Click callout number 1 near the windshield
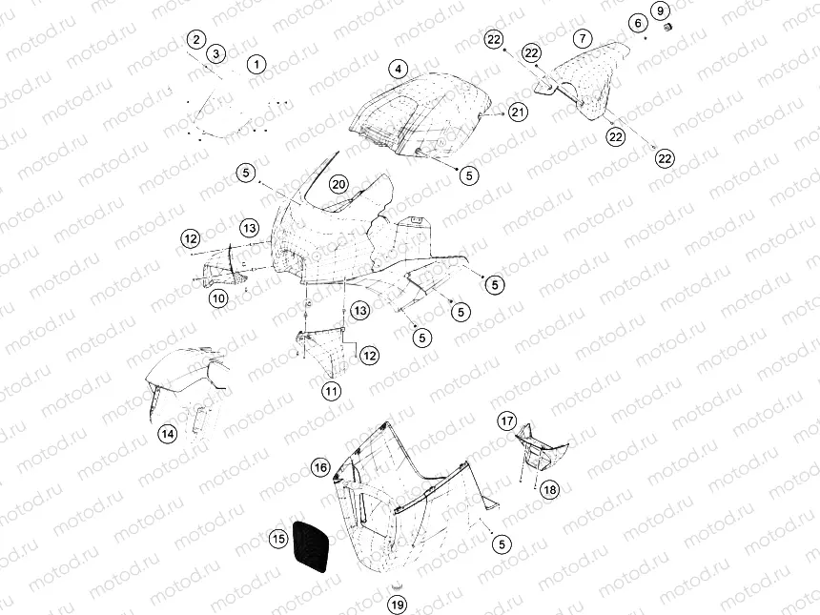coord(256,65)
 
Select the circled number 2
coord(196,39)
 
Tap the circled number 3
coord(216,53)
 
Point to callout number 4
coord(399,68)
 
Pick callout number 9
coord(661,10)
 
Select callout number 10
coord(219,298)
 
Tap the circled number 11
coord(331,390)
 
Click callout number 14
coord(167,434)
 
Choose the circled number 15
coord(277,540)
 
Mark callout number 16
coord(320,466)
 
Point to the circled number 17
coord(507,420)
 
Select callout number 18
coord(550,489)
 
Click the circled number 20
coord(338,184)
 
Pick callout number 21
coord(518,113)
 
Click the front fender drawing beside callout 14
coord(186,386)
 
